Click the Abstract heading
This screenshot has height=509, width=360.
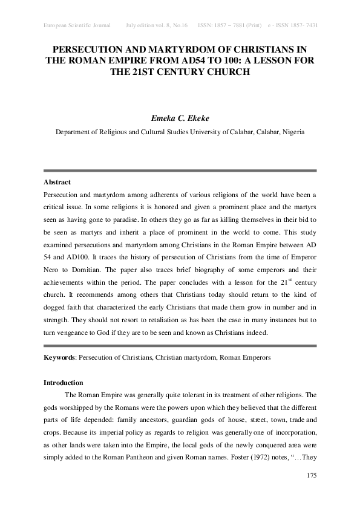point(57,182)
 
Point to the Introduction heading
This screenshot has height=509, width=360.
point(64,383)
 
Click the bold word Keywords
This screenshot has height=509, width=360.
point(59,358)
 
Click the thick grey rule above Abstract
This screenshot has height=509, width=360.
point(180,170)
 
